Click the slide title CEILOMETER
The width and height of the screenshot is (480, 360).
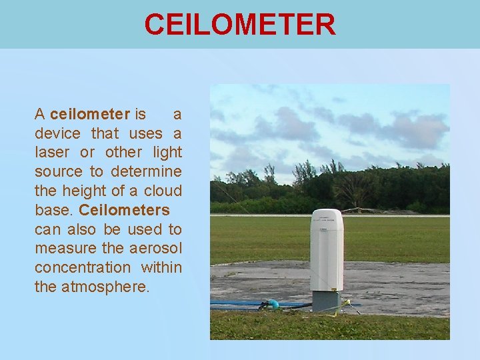240,25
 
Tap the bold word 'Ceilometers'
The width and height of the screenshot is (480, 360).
125,211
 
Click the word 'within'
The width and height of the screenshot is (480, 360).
161,268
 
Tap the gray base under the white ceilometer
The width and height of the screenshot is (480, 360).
327,301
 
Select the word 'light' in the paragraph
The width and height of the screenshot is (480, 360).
167,153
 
